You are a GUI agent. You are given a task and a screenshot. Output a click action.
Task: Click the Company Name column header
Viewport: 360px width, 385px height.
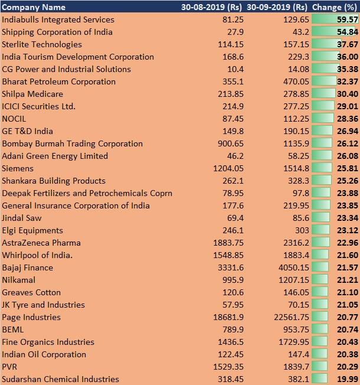pyautogui.click(x=34, y=7)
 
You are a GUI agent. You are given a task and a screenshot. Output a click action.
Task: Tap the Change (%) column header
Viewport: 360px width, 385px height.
pyautogui.click(x=335, y=7)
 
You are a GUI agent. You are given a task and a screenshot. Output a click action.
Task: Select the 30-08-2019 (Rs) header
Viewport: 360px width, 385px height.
pyautogui.click(x=211, y=7)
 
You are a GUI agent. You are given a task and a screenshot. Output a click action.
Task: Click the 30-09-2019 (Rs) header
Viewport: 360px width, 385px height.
pyautogui.click(x=277, y=7)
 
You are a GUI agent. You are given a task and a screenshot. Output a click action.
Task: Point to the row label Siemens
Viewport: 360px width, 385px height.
pyautogui.click(x=18, y=168)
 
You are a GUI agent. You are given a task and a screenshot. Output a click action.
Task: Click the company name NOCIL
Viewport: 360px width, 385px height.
pyautogui.click(x=14, y=119)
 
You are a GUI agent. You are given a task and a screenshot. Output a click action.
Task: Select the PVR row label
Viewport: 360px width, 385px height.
pyautogui.click(x=9, y=367)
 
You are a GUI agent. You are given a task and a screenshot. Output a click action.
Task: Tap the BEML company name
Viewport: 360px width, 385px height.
pyautogui.click(x=13, y=329)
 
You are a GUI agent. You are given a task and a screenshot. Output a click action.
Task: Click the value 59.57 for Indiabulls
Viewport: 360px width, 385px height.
pyautogui.click(x=348, y=19)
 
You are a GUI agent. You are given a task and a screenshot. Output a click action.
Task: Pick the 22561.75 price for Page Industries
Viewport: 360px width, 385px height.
pyautogui.click(x=292, y=317)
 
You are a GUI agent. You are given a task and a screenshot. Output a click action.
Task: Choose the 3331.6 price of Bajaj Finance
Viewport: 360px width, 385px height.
pyautogui.click(x=231, y=267)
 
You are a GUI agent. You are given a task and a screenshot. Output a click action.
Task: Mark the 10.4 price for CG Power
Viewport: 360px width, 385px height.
pyautogui.click(x=235, y=69)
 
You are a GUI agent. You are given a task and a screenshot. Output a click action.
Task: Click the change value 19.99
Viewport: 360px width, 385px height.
pyautogui.click(x=348, y=379)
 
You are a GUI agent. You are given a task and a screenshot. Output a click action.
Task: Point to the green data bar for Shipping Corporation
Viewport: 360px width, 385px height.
pyautogui.click(x=333, y=32)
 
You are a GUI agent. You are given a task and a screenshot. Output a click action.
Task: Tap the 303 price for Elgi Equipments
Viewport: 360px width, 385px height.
pyautogui.click(x=302, y=230)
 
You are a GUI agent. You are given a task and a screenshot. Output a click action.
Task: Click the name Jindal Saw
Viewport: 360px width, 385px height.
pyautogui.click(x=22, y=218)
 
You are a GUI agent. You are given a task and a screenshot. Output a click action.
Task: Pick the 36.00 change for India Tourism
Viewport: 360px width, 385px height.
pyautogui.click(x=348, y=57)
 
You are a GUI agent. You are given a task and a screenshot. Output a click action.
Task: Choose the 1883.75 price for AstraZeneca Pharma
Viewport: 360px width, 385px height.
pyautogui.click(x=228, y=243)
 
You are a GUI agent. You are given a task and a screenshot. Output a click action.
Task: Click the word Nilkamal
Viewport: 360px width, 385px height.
pyautogui.click(x=19, y=280)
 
